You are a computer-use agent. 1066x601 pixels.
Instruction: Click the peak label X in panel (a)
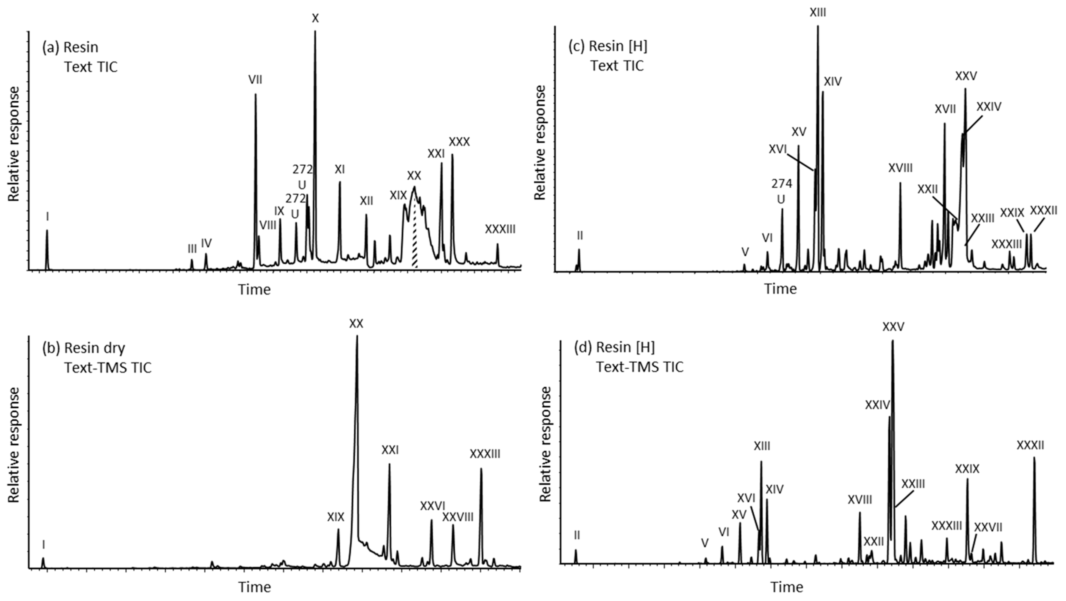coord(315,18)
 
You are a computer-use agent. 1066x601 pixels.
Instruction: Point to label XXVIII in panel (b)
coord(458,517)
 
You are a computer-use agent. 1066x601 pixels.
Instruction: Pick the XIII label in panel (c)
coord(818,13)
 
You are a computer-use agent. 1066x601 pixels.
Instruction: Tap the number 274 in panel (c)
coord(782,183)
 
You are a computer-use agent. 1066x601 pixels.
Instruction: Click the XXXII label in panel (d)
coord(1030,445)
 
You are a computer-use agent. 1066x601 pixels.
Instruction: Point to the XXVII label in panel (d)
coord(988,527)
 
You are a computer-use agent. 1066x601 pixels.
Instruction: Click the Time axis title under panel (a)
coord(254,289)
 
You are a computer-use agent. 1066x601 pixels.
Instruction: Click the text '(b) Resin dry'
coord(84,348)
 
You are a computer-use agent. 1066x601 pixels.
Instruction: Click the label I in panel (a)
coord(48,217)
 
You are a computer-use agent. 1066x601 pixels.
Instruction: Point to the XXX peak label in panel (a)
coord(459,142)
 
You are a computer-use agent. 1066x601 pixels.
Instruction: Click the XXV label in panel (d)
coord(893,327)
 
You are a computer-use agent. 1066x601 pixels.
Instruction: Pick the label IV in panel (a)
coord(206,243)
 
